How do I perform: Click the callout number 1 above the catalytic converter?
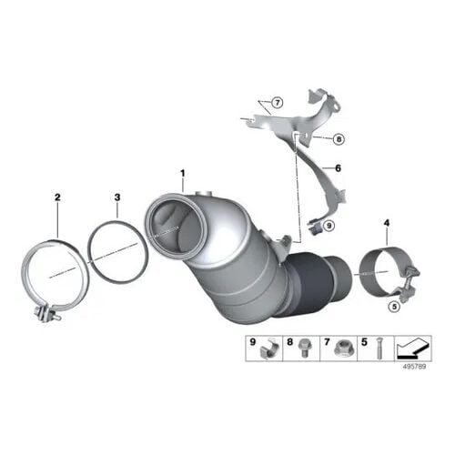point(183,174)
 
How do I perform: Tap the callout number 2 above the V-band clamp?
point(57,197)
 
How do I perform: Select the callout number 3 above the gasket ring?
point(117,197)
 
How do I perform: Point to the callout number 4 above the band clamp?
point(387,223)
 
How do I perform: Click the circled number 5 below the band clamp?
point(394,307)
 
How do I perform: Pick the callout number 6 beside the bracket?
point(338,168)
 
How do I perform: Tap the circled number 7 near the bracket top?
point(277,103)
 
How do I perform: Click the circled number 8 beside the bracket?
point(339,139)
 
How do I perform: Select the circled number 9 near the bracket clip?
point(329,226)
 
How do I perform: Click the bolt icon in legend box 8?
point(302,349)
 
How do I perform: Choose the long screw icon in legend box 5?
point(378,349)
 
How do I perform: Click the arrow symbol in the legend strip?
point(413,348)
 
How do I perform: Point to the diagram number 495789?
point(414,367)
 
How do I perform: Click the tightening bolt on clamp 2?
point(48,314)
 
